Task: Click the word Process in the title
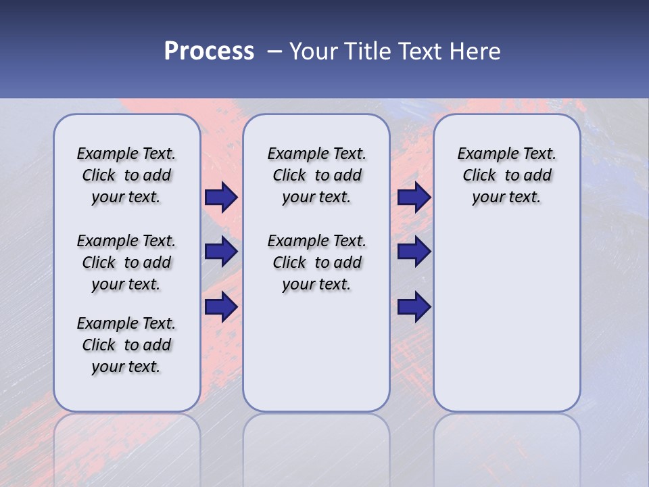coord(209,51)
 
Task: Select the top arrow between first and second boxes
coord(220,198)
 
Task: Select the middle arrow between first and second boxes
coord(220,252)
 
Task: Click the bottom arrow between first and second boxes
coord(220,307)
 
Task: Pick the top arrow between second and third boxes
coord(414,198)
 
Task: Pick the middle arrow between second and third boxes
coord(414,252)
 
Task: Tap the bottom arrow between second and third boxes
coord(414,307)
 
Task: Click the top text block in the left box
coord(126,175)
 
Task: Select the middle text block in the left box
coord(126,262)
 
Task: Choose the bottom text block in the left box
coord(126,345)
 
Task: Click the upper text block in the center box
coord(316,175)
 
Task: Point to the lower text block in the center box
coord(316,262)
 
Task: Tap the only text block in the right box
coord(506,175)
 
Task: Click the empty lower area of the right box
coord(506,318)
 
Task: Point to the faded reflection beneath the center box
coord(316,440)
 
